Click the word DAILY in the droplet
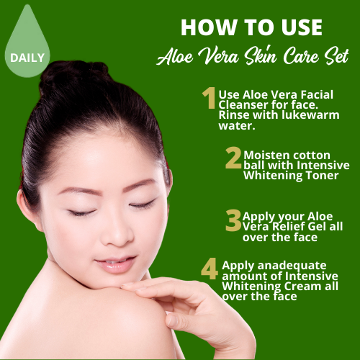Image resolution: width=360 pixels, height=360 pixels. tap(27, 58)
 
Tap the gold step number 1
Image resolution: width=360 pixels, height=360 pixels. tap(209, 98)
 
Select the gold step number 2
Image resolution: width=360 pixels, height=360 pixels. tap(233, 158)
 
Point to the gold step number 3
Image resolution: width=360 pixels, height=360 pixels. tap(233, 220)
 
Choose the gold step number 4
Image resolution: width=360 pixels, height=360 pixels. tap(210, 269)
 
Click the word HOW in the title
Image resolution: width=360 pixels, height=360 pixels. tap(209, 27)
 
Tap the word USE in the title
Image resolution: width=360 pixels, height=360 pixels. tap(302, 27)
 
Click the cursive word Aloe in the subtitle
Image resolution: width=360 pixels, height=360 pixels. tap(175, 57)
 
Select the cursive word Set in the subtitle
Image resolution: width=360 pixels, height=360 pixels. tap(336, 57)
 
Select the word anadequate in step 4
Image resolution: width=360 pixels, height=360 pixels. tap(292, 266)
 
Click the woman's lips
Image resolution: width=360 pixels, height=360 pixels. tap(116, 264)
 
